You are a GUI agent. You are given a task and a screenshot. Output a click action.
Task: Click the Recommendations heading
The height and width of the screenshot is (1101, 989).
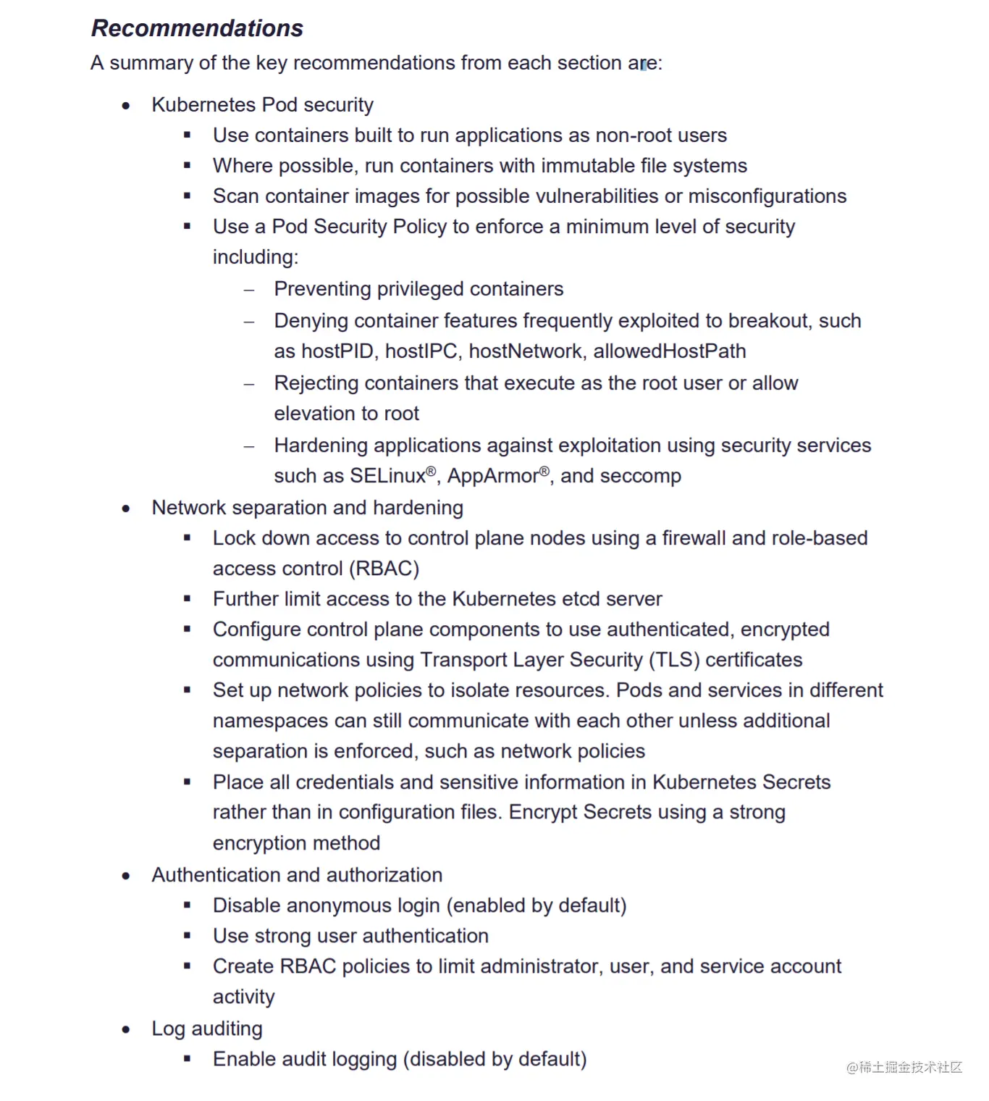197,28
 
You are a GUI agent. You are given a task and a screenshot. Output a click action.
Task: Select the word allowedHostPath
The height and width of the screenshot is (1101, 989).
670,351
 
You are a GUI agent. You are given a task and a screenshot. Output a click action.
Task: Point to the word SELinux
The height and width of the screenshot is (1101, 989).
387,476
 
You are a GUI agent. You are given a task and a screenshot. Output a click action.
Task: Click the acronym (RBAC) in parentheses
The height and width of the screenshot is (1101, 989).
384,569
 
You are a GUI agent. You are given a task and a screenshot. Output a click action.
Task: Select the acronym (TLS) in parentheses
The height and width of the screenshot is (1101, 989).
674,660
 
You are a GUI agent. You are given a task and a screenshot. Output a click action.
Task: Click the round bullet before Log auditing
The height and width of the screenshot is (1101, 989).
127,1029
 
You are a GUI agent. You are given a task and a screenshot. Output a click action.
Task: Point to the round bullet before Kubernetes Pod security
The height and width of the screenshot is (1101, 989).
127,106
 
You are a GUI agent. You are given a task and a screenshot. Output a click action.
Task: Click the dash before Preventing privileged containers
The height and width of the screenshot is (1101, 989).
249,290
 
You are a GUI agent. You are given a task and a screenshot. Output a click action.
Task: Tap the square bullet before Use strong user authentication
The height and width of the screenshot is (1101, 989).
188,936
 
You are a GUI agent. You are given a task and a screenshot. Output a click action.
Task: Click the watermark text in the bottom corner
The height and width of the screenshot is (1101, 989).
904,1067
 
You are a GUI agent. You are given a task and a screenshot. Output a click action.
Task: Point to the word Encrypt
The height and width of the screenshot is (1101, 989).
543,812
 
